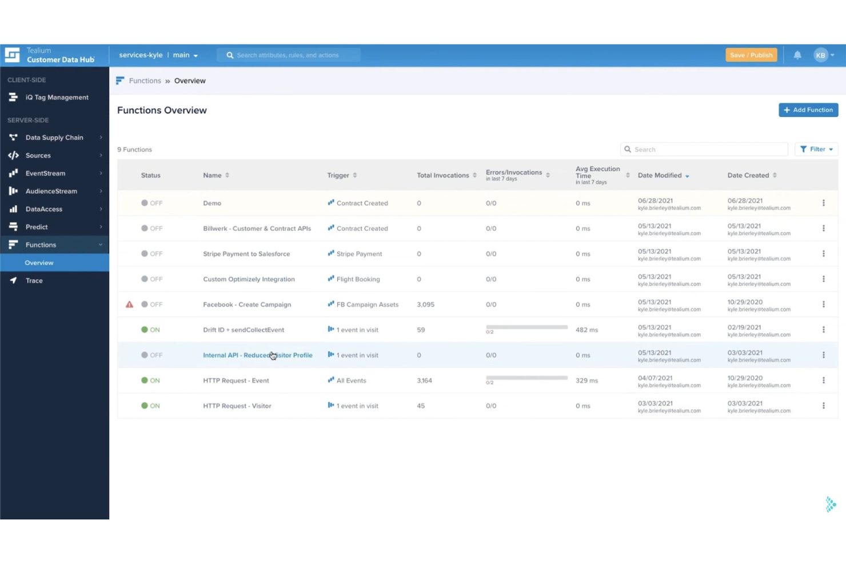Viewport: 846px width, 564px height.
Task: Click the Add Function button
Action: coord(808,110)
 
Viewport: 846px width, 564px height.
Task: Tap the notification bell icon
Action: coord(797,55)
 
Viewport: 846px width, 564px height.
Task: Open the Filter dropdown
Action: coord(816,149)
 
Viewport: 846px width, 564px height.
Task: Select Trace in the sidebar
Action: coord(34,281)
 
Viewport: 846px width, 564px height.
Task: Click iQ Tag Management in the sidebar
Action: coord(57,98)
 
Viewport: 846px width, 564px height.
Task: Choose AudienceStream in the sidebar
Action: coord(51,191)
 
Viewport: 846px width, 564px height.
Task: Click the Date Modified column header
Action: coord(660,175)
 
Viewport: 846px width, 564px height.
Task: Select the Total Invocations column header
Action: coord(442,175)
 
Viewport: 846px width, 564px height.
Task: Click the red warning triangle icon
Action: coord(129,305)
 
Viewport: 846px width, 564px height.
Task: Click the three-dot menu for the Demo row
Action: coord(823,203)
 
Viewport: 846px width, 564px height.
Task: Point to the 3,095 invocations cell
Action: coord(425,305)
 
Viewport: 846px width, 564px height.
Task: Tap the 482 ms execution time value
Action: coord(586,330)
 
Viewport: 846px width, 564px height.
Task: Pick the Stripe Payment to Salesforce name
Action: coord(246,254)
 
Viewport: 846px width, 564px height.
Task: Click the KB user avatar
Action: coord(821,55)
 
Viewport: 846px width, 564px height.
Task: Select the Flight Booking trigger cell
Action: coord(358,279)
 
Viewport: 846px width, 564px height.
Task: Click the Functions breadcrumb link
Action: coord(145,81)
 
